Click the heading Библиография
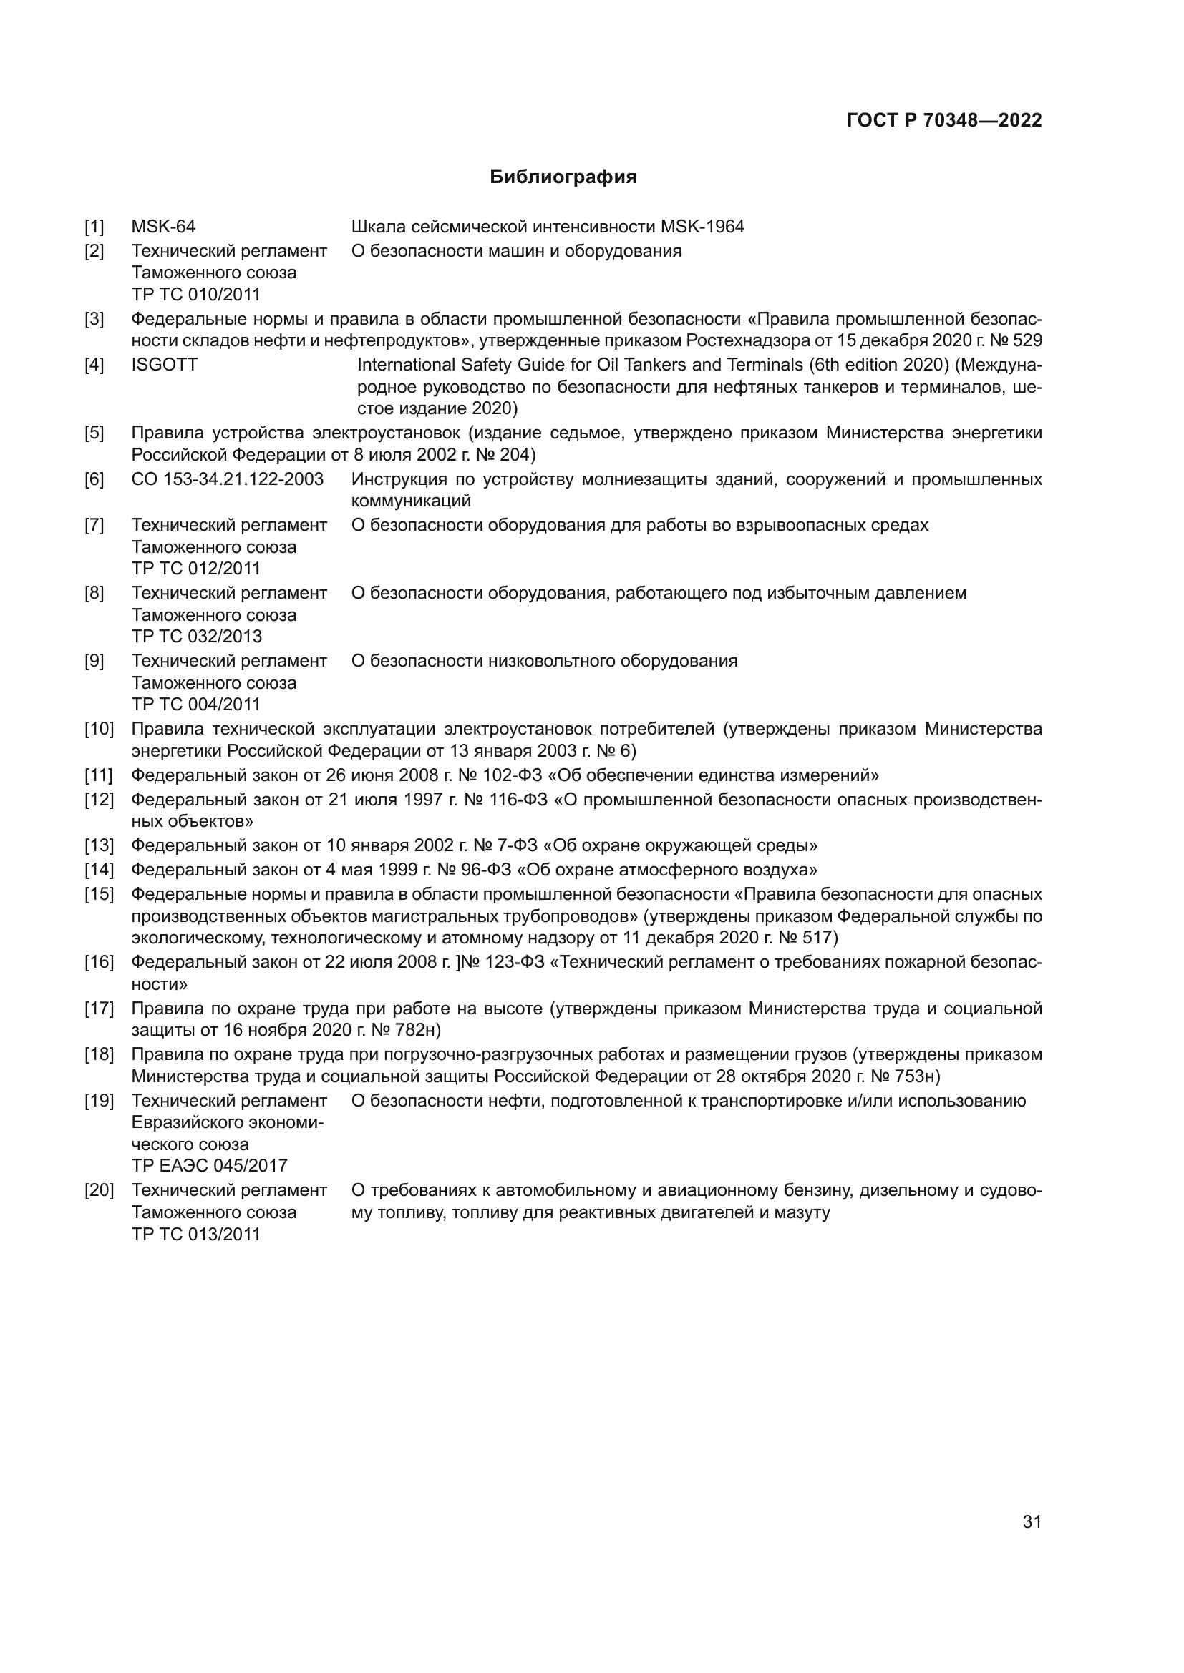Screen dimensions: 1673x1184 coord(563,177)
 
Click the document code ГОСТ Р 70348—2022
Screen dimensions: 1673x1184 coord(943,121)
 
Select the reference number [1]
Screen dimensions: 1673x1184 coord(94,227)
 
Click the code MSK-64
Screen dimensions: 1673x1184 coord(163,227)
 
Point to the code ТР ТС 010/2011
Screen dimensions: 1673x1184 coord(195,295)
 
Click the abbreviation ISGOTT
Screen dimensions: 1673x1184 coord(164,364)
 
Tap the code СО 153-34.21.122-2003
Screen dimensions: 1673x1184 coord(228,479)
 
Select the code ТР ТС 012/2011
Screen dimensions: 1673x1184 coord(195,569)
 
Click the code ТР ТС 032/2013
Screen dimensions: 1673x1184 coord(196,636)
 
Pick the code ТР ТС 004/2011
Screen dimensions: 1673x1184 coord(195,704)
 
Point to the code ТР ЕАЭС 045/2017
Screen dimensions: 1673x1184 coord(209,1165)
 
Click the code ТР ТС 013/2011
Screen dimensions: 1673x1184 coord(195,1235)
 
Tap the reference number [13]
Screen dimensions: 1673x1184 coord(100,845)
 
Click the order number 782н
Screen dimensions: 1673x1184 coord(417,1030)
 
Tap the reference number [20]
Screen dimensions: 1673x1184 coord(100,1191)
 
